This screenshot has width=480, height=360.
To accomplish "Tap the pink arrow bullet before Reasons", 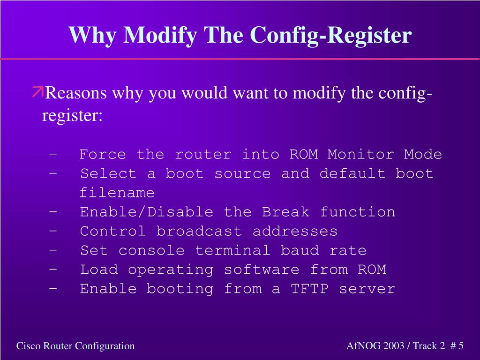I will pos(37,92).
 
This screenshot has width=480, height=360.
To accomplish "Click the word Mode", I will pos(423,154).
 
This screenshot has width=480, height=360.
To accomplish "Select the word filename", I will pos(117,193).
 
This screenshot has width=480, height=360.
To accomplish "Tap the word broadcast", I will pos(199,231).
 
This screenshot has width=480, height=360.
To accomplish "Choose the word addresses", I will pos(295,231).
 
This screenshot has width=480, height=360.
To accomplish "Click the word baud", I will pos(300,250).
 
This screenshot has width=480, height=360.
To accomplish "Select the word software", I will pos(261,270).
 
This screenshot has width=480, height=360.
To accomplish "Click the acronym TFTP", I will pos(309,289).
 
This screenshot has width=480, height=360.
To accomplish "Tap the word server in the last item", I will pos(367,289).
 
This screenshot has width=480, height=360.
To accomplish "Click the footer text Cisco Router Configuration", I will pos(75,346).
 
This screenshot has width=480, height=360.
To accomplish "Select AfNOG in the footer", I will pos(363,346).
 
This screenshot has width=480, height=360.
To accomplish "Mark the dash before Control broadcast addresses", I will pos(53,231).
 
